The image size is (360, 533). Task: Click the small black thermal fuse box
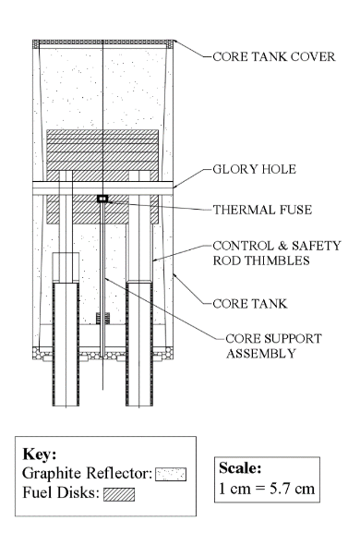pyautogui.click(x=102, y=198)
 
